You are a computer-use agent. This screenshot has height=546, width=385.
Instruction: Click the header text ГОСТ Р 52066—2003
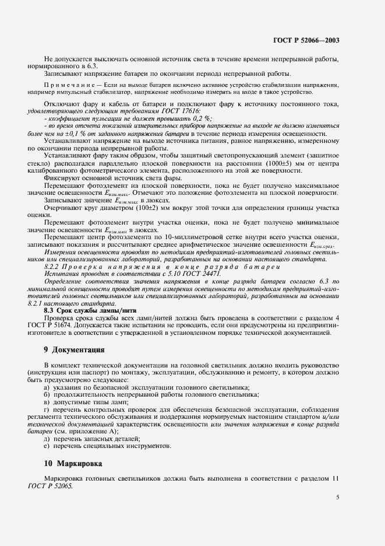[x=306, y=41]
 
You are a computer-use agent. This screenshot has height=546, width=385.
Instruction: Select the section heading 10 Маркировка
[x=72, y=463]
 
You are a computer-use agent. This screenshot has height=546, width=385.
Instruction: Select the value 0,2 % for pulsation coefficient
[x=171, y=118]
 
